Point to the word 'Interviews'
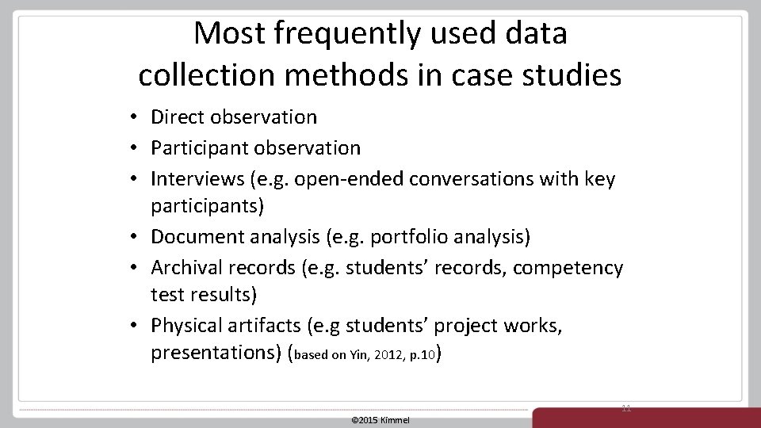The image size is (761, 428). click(x=197, y=179)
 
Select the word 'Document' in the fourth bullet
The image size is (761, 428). click(x=195, y=236)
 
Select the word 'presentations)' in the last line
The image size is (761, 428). click(x=215, y=353)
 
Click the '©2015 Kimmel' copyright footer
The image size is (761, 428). click(x=380, y=419)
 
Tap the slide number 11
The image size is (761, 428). click(x=626, y=407)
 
